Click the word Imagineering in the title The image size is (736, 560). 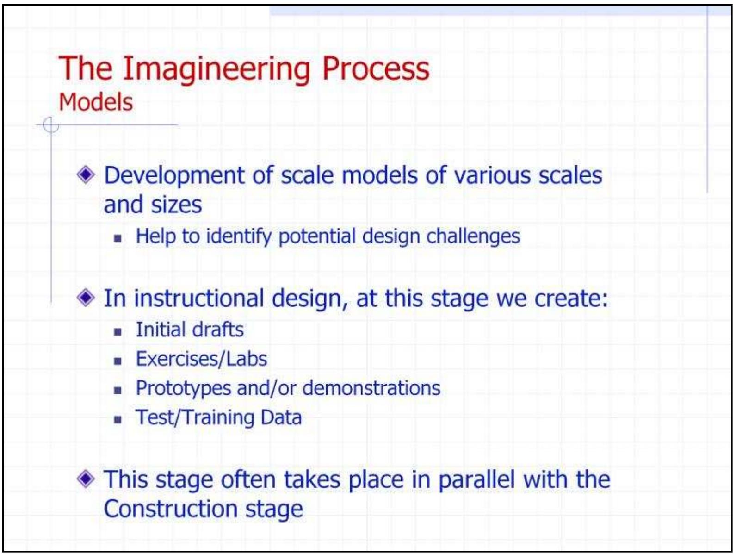point(216,69)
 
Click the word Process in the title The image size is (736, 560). point(375,68)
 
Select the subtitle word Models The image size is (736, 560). point(96,102)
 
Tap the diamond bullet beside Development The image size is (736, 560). point(86,175)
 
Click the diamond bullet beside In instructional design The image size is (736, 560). point(86,298)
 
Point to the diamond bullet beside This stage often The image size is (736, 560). point(86,479)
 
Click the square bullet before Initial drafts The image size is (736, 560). point(118,331)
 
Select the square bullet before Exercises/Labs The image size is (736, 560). point(118,361)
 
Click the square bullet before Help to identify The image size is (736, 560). point(118,238)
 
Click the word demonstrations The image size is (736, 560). point(371,388)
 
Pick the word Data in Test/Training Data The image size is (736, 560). point(281,417)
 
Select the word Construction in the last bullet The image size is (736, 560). point(171,509)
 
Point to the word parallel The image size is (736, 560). point(476,479)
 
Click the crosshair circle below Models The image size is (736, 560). point(50,125)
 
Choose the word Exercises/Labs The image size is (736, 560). point(201,359)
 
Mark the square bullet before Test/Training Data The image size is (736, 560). point(118,419)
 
